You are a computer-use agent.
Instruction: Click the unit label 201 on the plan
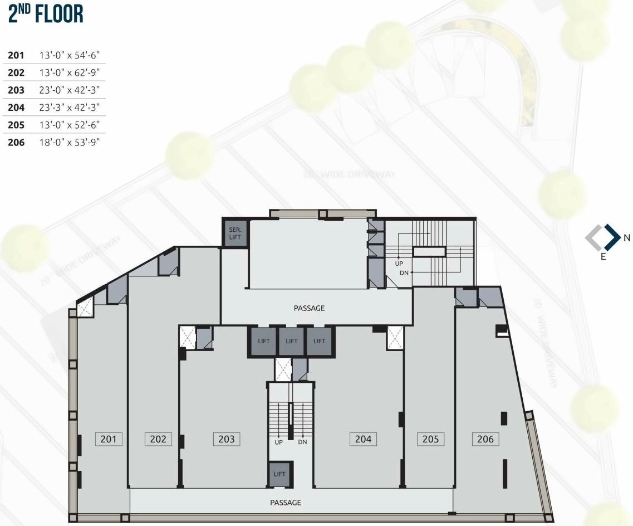pos(109,439)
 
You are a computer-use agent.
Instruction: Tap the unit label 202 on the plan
pos(158,439)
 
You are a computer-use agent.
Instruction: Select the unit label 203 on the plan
pos(227,439)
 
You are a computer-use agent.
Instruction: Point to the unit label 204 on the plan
pos(363,439)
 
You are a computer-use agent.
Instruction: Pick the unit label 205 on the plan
pos(430,439)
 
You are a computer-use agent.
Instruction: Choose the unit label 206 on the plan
pos(485,439)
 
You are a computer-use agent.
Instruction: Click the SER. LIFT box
pos(235,233)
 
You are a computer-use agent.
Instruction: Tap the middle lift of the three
pos(292,341)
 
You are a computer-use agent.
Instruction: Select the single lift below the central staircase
pos(279,474)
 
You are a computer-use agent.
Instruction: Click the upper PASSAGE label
pos(309,308)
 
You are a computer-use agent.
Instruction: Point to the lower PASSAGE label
pos(286,503)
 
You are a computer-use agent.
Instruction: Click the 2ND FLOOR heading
pos(46,14)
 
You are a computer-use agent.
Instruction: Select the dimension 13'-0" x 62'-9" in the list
pos(69,72)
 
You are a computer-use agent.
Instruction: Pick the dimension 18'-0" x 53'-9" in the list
pos(69,142)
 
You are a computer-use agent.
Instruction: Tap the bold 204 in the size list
pos(16,108)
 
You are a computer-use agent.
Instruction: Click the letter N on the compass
pos(627,238)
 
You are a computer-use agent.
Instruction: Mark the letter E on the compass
pos(603,257)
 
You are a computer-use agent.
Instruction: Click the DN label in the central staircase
pos(302,442)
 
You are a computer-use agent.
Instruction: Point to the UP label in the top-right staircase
pos(399,264)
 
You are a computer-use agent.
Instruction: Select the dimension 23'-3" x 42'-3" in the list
pos(69,108)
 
